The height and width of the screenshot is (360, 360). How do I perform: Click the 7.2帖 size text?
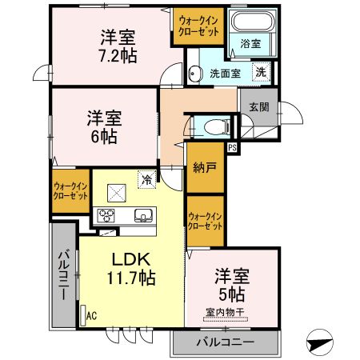pos(118,56)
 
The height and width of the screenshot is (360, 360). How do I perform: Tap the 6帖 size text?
pos(103,136)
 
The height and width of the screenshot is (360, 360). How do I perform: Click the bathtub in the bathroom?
pos(250,22)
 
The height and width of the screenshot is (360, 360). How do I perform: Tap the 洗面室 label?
pos(224,74)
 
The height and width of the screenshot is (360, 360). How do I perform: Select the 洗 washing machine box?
pos(261,72)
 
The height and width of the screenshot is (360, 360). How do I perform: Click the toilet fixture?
pos(211,126)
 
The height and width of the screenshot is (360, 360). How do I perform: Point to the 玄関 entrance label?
pos(258,107)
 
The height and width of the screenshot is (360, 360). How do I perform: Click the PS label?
pos(232,148)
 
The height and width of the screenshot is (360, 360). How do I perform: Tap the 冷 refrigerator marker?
pos(146,180)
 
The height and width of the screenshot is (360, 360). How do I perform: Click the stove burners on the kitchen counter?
pos(107,215)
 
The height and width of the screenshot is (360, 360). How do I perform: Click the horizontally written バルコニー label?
pos(225,342)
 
